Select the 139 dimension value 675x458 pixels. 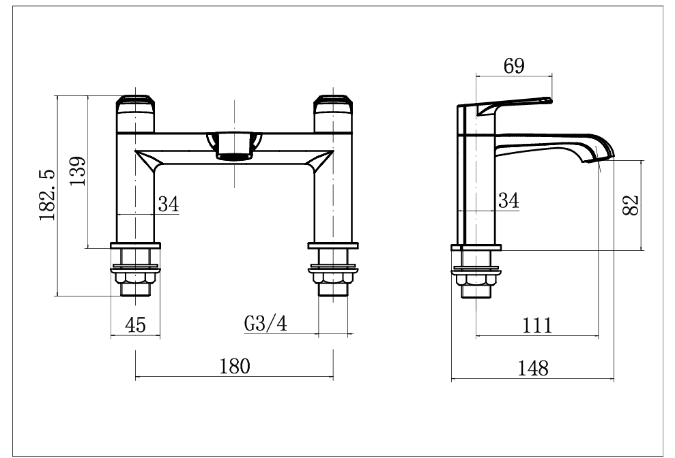point(77,172)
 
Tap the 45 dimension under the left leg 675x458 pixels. point(136,325)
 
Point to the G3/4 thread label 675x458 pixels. point(265,324)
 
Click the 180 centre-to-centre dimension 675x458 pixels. point(234,366)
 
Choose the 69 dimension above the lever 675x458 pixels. point(513,66)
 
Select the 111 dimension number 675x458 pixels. point(537,325)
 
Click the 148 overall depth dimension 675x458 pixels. point(533,368)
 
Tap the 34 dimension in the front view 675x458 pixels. point(169,203)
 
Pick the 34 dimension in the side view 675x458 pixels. point(508,200)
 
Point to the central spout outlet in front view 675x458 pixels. point(235,144)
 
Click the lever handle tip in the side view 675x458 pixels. point(546,101)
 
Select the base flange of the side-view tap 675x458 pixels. point(477,247)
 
